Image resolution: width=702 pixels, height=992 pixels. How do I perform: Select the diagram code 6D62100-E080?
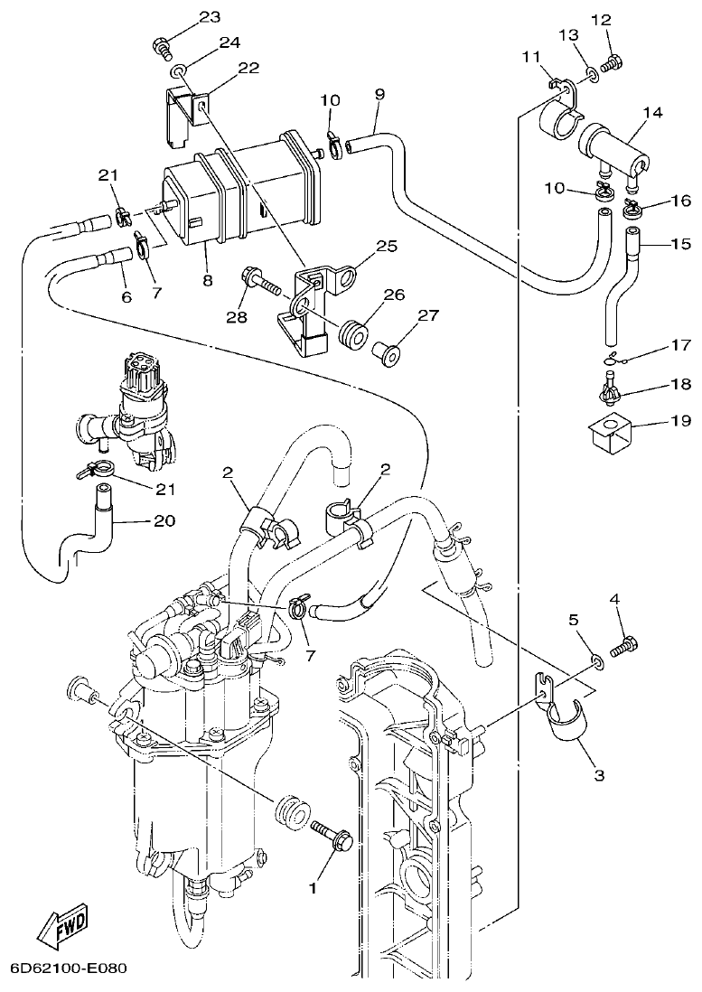click(x=68, y=968)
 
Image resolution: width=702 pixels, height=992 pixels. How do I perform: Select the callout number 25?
click(x=387, y=246)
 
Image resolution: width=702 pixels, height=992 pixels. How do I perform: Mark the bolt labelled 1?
click(x=334, y=838)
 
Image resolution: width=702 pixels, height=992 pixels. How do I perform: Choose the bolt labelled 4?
click(x=624, y=647)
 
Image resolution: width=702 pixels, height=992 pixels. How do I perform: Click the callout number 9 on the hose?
click(x=379, y=94)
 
